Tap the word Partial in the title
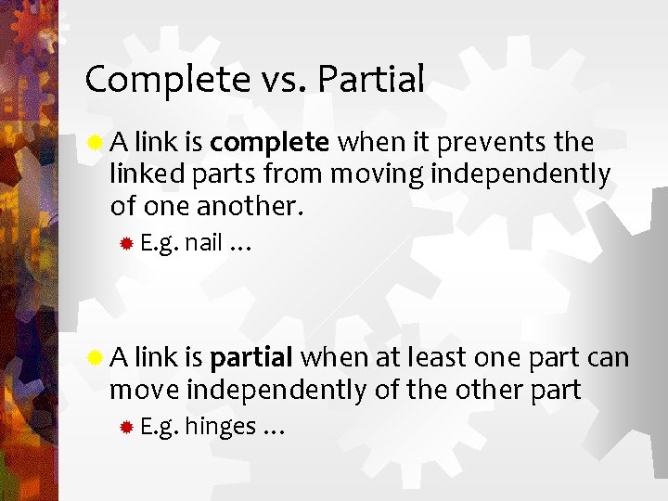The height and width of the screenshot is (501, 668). point(370,80)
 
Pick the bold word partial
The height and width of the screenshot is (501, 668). point(252,358)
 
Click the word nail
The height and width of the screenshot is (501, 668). point(203,244)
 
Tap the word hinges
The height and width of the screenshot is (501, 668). point(221,427)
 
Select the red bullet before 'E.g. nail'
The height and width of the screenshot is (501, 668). point(126,244)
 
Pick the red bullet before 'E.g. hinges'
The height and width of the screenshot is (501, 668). point(126,427)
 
